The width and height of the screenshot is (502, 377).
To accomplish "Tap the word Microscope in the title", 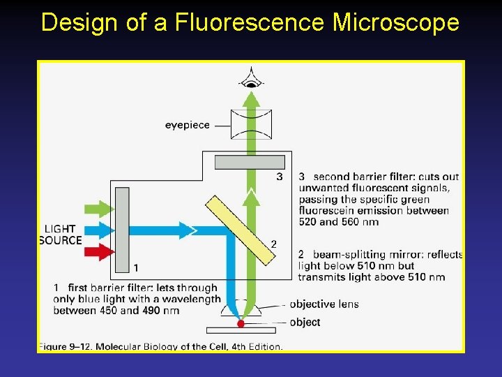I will pos(396,23).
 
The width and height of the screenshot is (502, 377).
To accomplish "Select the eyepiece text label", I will pos(187,126).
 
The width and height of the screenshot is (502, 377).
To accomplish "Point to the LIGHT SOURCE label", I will pos(61,235).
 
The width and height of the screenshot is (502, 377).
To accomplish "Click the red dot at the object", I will pos(241,324).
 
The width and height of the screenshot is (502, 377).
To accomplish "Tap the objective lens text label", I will pos(323,304).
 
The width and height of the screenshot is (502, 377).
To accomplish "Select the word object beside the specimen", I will pos(305,323).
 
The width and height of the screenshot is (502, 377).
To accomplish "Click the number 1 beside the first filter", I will pos(135,267).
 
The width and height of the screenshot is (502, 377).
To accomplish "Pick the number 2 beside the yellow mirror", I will pos(273,244).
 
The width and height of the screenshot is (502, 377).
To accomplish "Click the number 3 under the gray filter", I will pos(279,177).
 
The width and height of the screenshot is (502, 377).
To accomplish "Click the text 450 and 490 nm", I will pos(116,311).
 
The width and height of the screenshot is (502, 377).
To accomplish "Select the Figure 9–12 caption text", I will pos(160,346).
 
